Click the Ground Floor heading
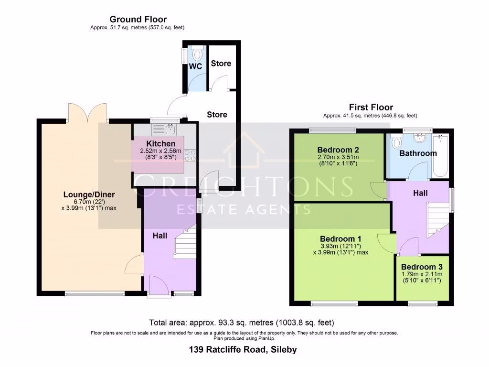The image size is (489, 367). (x=138, y=20)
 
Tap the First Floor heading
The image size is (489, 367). (x=371, y=107)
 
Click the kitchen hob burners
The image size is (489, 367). (x=191, y=155)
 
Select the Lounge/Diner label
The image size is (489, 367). (x=89, y=194)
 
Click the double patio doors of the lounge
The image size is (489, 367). (x=87, y=112)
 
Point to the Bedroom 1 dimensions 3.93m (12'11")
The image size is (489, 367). (x=341, y=247)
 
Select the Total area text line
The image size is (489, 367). (x=244, y=323)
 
